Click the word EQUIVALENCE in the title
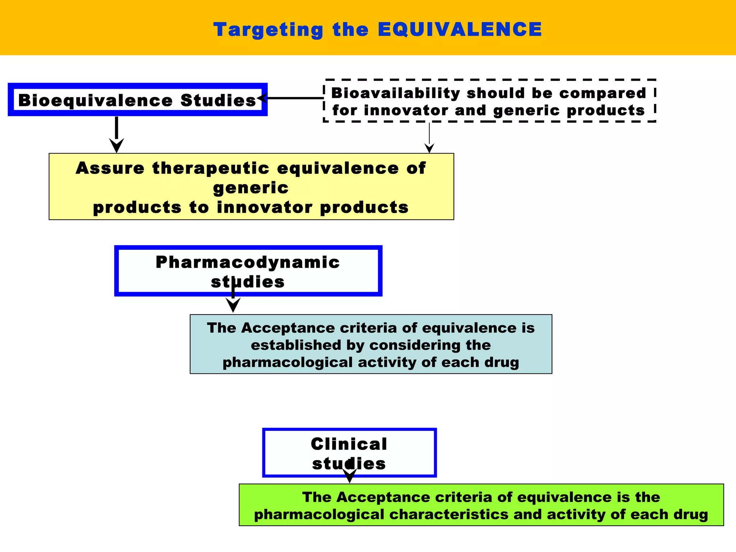point(460,29)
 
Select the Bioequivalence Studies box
point(137,100)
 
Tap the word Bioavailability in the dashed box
point(395,93)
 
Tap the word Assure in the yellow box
point(110,168)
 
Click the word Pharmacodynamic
point(248,262)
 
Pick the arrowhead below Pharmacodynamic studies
point(233,305)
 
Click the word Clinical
point(349,444)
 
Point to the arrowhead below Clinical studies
point(349,476)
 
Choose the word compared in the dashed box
point(603,93)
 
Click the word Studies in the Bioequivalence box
point(218,100)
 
